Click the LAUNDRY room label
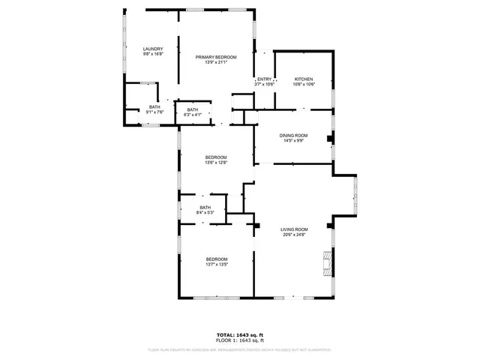click(153, 49)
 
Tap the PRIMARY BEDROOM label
click(216, 57)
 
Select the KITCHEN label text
click(304, 79)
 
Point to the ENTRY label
click(264, 79)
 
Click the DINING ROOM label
click(294, 135)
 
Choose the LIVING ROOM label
click(294, 229)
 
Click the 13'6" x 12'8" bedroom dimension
click(216, 162)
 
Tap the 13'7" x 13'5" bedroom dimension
click(216, 264)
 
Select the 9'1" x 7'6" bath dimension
click(154, 112)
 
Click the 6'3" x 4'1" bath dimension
click(193, 115)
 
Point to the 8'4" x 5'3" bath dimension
click(205, 212)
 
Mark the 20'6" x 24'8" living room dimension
click(294, 234)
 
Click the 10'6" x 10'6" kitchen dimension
click(304, 84)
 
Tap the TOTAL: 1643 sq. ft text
click(239, 335)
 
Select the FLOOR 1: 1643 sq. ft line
click(239, 340)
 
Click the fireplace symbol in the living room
click(325, 264)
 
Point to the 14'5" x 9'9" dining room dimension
click(294, 140)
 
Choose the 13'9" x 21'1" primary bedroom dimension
click(216, 62)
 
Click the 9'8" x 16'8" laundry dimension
click(153, 55)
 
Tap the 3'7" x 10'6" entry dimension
click(264, 84)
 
